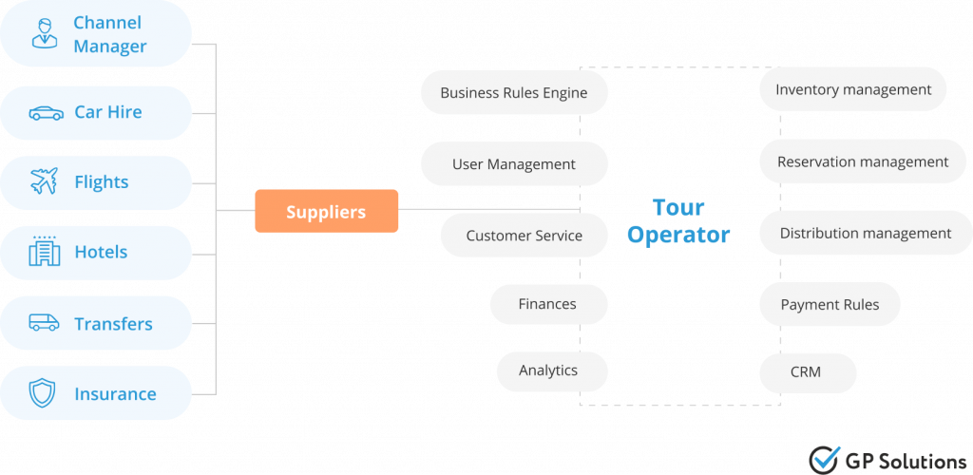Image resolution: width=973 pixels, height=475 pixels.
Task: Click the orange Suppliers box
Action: point(326,211)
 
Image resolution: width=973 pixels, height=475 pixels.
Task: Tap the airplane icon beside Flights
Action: point(44,181)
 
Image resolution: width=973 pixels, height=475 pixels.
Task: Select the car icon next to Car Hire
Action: point(46,112)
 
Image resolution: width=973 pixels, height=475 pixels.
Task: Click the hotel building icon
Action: point(44,252)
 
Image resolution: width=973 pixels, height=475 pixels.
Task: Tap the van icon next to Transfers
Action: point(44,323)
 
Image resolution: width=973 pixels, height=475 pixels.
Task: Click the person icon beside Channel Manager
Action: point(44,33)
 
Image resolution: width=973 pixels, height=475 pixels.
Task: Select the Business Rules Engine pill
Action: point(513,93)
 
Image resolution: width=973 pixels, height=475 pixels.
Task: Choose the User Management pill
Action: point(513,164)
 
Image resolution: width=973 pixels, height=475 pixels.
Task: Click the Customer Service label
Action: point(524,236)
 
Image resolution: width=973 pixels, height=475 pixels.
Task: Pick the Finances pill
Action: point(547,304)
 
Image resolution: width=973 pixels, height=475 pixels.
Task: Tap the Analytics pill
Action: point(548,370)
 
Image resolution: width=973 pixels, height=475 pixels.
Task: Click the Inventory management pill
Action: point(852,90)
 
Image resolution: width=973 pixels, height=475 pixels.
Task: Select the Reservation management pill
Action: point(862,162)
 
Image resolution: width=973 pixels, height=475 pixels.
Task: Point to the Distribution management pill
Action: point(865,234)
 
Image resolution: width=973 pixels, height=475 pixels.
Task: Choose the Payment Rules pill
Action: point(830,305)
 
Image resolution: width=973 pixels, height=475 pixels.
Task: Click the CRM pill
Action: point(806,372)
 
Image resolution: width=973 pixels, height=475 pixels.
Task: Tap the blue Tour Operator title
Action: point(678,221)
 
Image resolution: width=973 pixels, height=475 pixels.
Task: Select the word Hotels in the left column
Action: point(101,253)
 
